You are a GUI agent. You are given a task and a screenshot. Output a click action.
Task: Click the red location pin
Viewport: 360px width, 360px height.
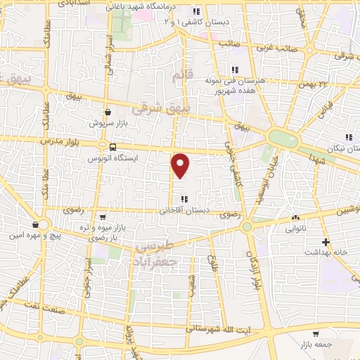(181, 165)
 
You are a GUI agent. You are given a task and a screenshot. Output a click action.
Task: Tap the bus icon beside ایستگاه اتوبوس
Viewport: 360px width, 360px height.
(112, 147)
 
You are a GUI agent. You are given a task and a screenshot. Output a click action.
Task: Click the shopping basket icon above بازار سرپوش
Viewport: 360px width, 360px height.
(108, 112)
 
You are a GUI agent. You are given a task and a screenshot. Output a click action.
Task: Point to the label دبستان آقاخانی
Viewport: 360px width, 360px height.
(184, 210)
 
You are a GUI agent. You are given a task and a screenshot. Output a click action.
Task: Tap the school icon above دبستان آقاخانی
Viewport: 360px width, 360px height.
(184, 199)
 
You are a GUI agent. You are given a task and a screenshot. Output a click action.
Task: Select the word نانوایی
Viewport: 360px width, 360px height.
(295, 229)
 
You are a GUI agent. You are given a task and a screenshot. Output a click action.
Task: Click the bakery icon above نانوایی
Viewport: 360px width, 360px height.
(295, 218)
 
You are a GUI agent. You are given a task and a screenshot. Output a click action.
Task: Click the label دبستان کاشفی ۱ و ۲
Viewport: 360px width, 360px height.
(189, 22)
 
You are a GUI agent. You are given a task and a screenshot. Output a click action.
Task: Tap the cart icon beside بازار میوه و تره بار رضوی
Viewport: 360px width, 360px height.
(103, 217)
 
